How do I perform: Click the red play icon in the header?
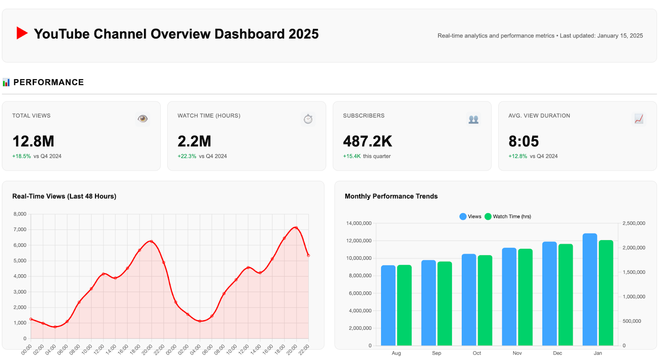[22, 33]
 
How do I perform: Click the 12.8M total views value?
[33, 141]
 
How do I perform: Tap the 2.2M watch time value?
[194, 141]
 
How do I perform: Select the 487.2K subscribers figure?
[367, 141]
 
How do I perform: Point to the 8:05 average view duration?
[523, 141]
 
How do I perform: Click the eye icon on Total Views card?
[142, 119]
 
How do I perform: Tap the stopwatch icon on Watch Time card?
[308, 119]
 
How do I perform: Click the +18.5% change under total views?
[22, 156]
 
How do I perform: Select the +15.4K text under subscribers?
[352, 156]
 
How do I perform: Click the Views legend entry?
[470, 216]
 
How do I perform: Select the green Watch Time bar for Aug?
[404, 305]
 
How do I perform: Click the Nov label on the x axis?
[517, 353]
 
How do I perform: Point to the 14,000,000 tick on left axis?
[359, 223]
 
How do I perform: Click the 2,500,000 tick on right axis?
[634, 223]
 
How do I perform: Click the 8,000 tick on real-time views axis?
[20, 214]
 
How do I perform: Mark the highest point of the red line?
[296, 227]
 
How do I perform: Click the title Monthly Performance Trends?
[391, 196]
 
